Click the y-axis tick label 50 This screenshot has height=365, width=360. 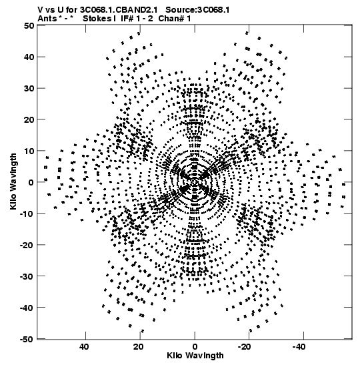click(29, 25)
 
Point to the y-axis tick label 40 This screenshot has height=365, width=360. click(29, 57)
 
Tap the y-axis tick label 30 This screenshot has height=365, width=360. click(29, 88)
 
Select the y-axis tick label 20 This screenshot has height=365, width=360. click(29, 119)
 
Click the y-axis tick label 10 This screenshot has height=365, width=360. click(29, 151)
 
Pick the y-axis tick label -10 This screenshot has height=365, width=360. click(27, 214)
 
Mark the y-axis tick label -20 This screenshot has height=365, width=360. click(27, 245)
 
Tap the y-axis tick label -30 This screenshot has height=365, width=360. click(27, 276)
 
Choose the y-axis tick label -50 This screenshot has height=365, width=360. click(27, 339)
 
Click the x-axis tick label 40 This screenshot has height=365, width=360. click(84, 347)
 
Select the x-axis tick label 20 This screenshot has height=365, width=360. click(139, 347)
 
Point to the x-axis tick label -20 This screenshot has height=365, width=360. click(245, 347)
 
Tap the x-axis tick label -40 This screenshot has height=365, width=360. click(299, 347)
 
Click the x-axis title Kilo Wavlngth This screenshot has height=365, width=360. click(195, 356)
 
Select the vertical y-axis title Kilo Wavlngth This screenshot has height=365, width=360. click(13, 181)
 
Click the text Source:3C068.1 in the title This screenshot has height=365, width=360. click(197, 10)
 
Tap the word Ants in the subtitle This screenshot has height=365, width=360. click(47, 19)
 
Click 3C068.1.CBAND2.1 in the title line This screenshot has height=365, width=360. click(119, 10)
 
